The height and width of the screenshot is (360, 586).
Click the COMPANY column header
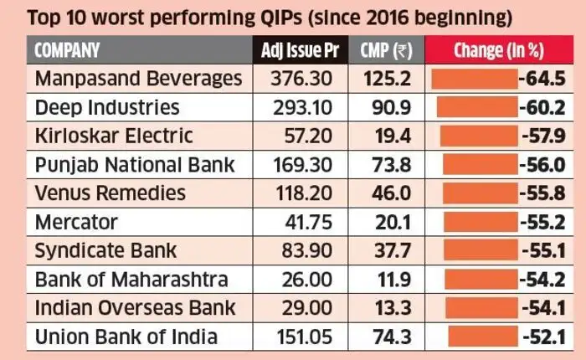point(67,50)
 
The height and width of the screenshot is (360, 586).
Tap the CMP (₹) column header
point(387,50)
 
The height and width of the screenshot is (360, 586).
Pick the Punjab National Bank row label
point(134,164)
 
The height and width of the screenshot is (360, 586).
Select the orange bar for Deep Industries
point(473,107)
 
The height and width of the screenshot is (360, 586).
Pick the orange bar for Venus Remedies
point(481,193)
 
